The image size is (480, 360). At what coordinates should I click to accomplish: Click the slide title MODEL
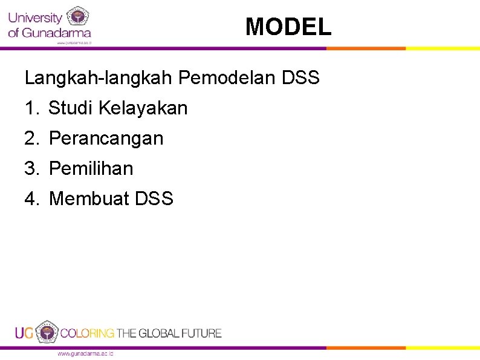[288, 27]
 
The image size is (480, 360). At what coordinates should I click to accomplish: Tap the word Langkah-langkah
[99, 78]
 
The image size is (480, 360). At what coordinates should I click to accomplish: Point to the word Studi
[70, 108]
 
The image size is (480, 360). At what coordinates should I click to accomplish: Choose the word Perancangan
[106, 139]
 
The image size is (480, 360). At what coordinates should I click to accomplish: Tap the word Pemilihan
[91, 168]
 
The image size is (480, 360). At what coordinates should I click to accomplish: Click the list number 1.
[31, 108]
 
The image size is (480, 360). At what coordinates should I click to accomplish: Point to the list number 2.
[31, 139]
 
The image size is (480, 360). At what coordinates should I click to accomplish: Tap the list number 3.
[31, 168]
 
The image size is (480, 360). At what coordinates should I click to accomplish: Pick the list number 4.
[31, 198]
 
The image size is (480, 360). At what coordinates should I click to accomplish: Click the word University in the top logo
[34, 18]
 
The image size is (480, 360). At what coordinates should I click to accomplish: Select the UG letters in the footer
[25, 333]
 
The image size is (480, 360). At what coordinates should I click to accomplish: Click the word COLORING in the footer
[87, 333]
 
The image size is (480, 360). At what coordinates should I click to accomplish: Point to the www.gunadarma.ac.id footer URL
[85, 353]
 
